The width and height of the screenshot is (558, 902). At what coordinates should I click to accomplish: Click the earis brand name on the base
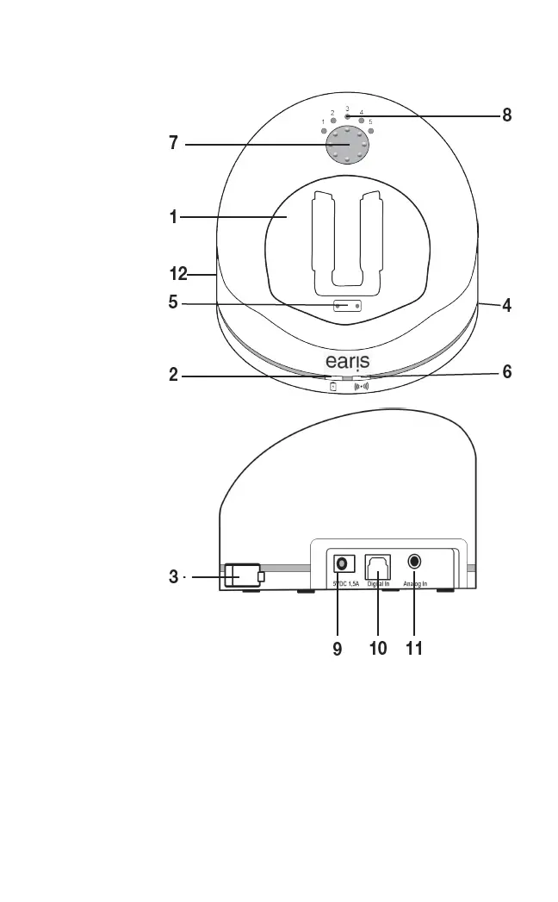pyautogui.click(x=347, y=358)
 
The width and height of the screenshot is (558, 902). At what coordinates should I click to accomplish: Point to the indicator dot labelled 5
pyautogui.click(x=370, y=131)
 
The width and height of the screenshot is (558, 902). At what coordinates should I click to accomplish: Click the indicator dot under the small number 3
pyautogui.click(x=347, y=116)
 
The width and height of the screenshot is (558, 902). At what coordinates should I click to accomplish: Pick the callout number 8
pyautogui.click(x=506, y=115)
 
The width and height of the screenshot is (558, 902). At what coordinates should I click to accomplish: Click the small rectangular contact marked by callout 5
pyautogui.click(x=346, y=306)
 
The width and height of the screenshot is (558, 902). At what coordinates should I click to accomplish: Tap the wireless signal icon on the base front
pyautogui.click(x=362, y=387)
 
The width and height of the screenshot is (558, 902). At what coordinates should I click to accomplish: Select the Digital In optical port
pyautogui.click(x=378, y=565)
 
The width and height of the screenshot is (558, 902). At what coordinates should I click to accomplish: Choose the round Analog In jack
pyautogui.click(x=415, y=562)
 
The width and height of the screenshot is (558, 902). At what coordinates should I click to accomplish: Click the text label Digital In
pyautogui.click(x=379, y=584)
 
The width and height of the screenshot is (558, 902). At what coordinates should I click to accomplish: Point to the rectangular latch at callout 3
pyautogui.click(x=241, y=575)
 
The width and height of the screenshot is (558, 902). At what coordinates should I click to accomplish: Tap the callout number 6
pyautogui.click(x=507, y=371)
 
